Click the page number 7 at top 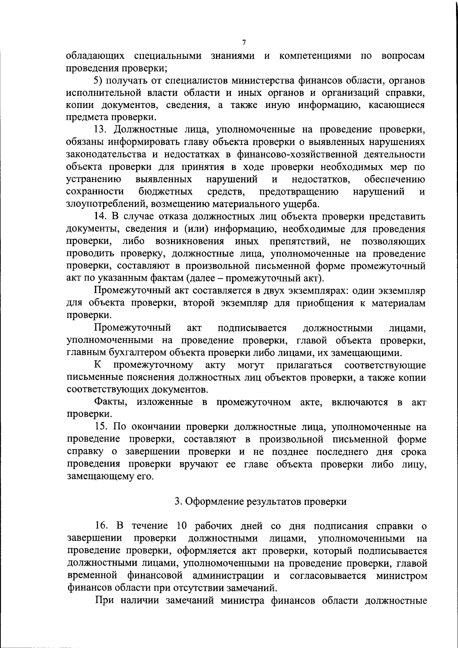244,42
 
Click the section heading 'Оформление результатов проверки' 261,501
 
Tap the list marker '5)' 98,81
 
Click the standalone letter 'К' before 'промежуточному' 98,365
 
